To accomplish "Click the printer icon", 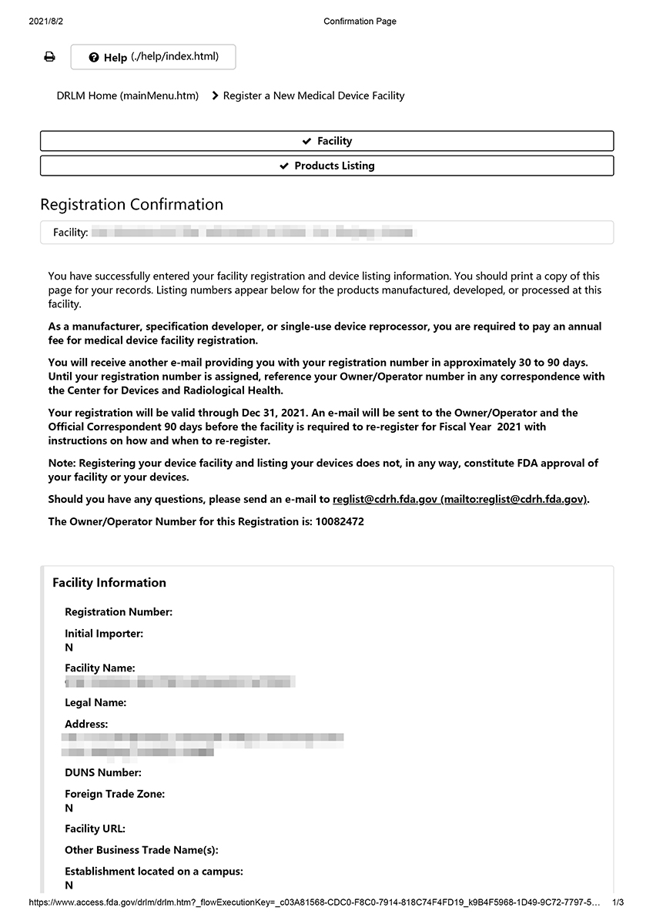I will [49, 57].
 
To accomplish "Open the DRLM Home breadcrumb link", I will [127, 96].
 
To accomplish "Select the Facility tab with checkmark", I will [327, 141].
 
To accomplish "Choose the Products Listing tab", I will [327, 166].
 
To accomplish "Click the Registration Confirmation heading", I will [132, 205].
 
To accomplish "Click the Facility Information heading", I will [109, 583].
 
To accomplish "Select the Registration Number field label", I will [119, 612].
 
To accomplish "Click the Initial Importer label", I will [104, 634].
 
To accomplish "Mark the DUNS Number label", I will [103, 773].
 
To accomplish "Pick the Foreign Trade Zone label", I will [115, 794].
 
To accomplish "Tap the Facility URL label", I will [95, 829].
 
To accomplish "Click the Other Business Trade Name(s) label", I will [142, 850].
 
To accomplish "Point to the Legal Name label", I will [95, 703].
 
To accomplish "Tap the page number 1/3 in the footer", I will [618, 902].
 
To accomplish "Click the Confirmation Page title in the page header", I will [360, 22].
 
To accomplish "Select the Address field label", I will [86, 725].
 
